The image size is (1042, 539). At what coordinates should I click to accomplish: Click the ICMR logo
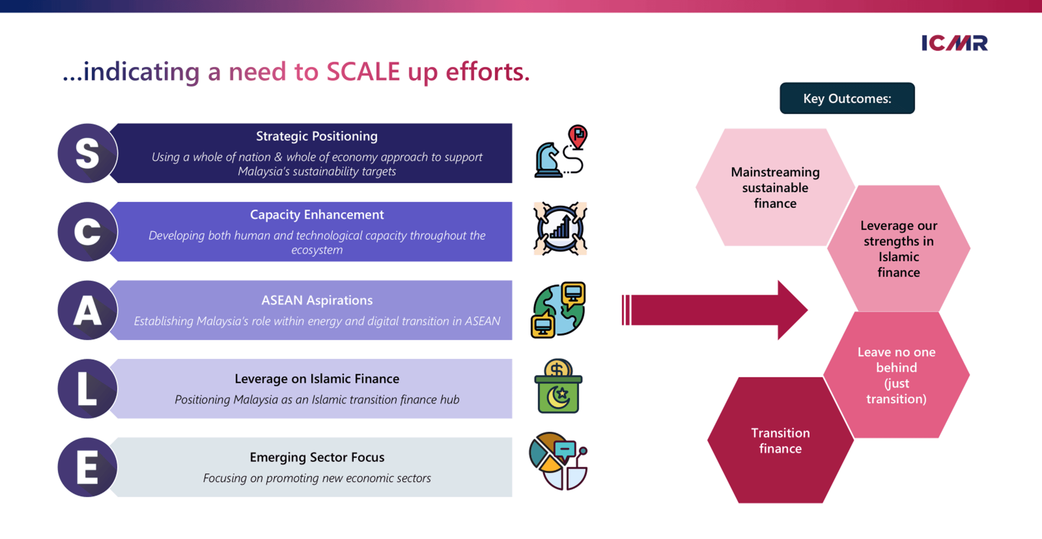pos(954,43)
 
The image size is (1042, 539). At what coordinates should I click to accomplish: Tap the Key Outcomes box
pos(847,99)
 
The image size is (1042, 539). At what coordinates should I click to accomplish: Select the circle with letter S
pos(88,153)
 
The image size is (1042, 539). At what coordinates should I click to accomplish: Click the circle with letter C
pos(88,232)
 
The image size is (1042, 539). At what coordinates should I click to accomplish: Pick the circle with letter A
pos(88,310)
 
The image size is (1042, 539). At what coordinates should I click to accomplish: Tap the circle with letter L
pos(88,389)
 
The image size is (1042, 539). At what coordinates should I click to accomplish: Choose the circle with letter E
pos(88,467)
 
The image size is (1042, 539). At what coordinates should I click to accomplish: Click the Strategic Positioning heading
pos(317,136)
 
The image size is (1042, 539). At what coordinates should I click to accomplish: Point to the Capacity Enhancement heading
pos(317,215)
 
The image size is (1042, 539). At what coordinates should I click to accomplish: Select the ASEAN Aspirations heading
pos(317,300)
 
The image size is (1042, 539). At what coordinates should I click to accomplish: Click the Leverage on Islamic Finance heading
pos(317,379)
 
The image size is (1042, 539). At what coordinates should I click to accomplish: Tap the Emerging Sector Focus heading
pos(317,457)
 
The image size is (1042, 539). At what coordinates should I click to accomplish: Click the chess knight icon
pos(548,160)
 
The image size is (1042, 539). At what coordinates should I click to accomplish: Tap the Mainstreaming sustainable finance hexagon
pos(775,188)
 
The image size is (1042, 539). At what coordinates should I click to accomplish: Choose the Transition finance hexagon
pos(780,440)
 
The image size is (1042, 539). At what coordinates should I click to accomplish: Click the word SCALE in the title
pos(363,72)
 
